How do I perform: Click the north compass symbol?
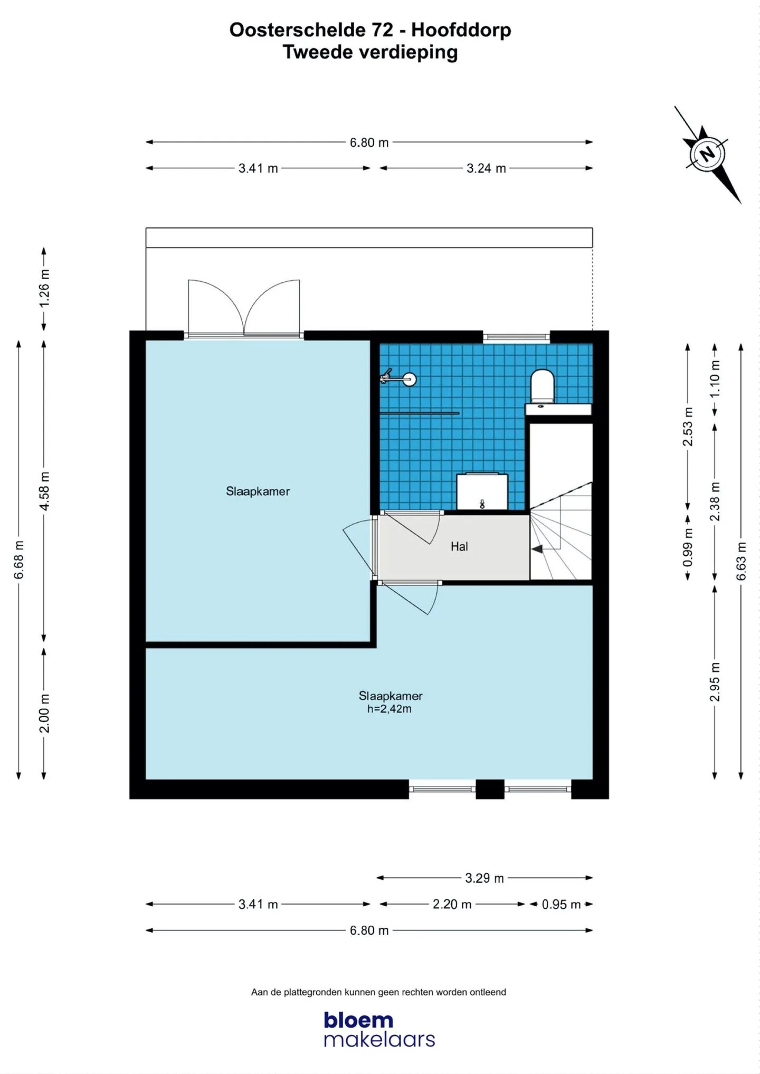click(707, 155)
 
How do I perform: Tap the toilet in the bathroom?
click(542, 386)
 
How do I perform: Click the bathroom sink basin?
click(482, 492)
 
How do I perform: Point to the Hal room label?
click(459, 547)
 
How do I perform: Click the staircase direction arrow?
click(537, 549)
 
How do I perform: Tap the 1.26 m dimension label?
click(45, 288)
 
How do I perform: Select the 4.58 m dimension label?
click(45, 491)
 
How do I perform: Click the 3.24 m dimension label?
click(486, 168)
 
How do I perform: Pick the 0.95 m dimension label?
click(561, 905)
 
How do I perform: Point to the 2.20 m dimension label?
click(452, 905)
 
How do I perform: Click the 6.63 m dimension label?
click(742, 561)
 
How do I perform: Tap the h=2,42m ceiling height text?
click(389, 709)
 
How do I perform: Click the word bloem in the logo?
click(358, 1020)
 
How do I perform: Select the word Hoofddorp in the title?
click(461, 30)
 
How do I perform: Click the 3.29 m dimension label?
click(484, 878)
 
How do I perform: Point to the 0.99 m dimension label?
click(688, 547)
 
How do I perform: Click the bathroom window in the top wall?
click(516, 336)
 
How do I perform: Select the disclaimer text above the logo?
click(378, 992)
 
